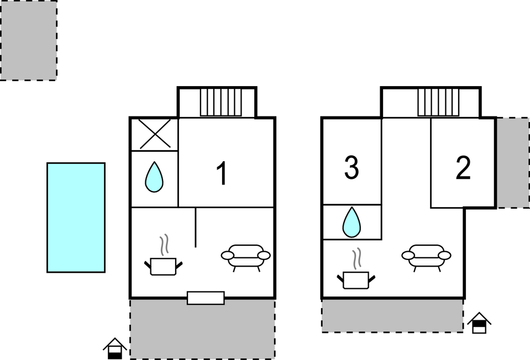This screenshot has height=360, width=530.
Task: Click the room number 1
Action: pos(222,173)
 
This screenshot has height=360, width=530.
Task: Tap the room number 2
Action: pos(463,168)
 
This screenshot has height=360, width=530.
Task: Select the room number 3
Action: pos(351,167)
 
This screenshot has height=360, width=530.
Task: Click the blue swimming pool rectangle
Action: pos(76,218)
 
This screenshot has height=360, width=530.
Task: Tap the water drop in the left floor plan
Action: pos(154,177)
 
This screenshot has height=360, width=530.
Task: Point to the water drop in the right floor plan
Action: pos(351,222)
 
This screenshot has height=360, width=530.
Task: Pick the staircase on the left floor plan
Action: pos(221,102)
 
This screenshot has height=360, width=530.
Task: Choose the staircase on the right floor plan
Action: pos(438,102)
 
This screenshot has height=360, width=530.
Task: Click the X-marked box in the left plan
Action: pos(155,134)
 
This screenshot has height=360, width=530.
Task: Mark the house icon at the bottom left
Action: pos(115,348)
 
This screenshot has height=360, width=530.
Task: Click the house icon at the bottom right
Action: pos(479,323)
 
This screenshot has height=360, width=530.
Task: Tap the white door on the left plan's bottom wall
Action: pos(206,298)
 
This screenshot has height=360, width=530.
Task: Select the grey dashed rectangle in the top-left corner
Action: pos(28,40)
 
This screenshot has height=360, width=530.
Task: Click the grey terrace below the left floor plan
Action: pos(202,329)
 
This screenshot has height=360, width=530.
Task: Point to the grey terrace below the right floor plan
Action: pos(392,315)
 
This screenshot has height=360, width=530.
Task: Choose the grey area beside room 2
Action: pos(513,163)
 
